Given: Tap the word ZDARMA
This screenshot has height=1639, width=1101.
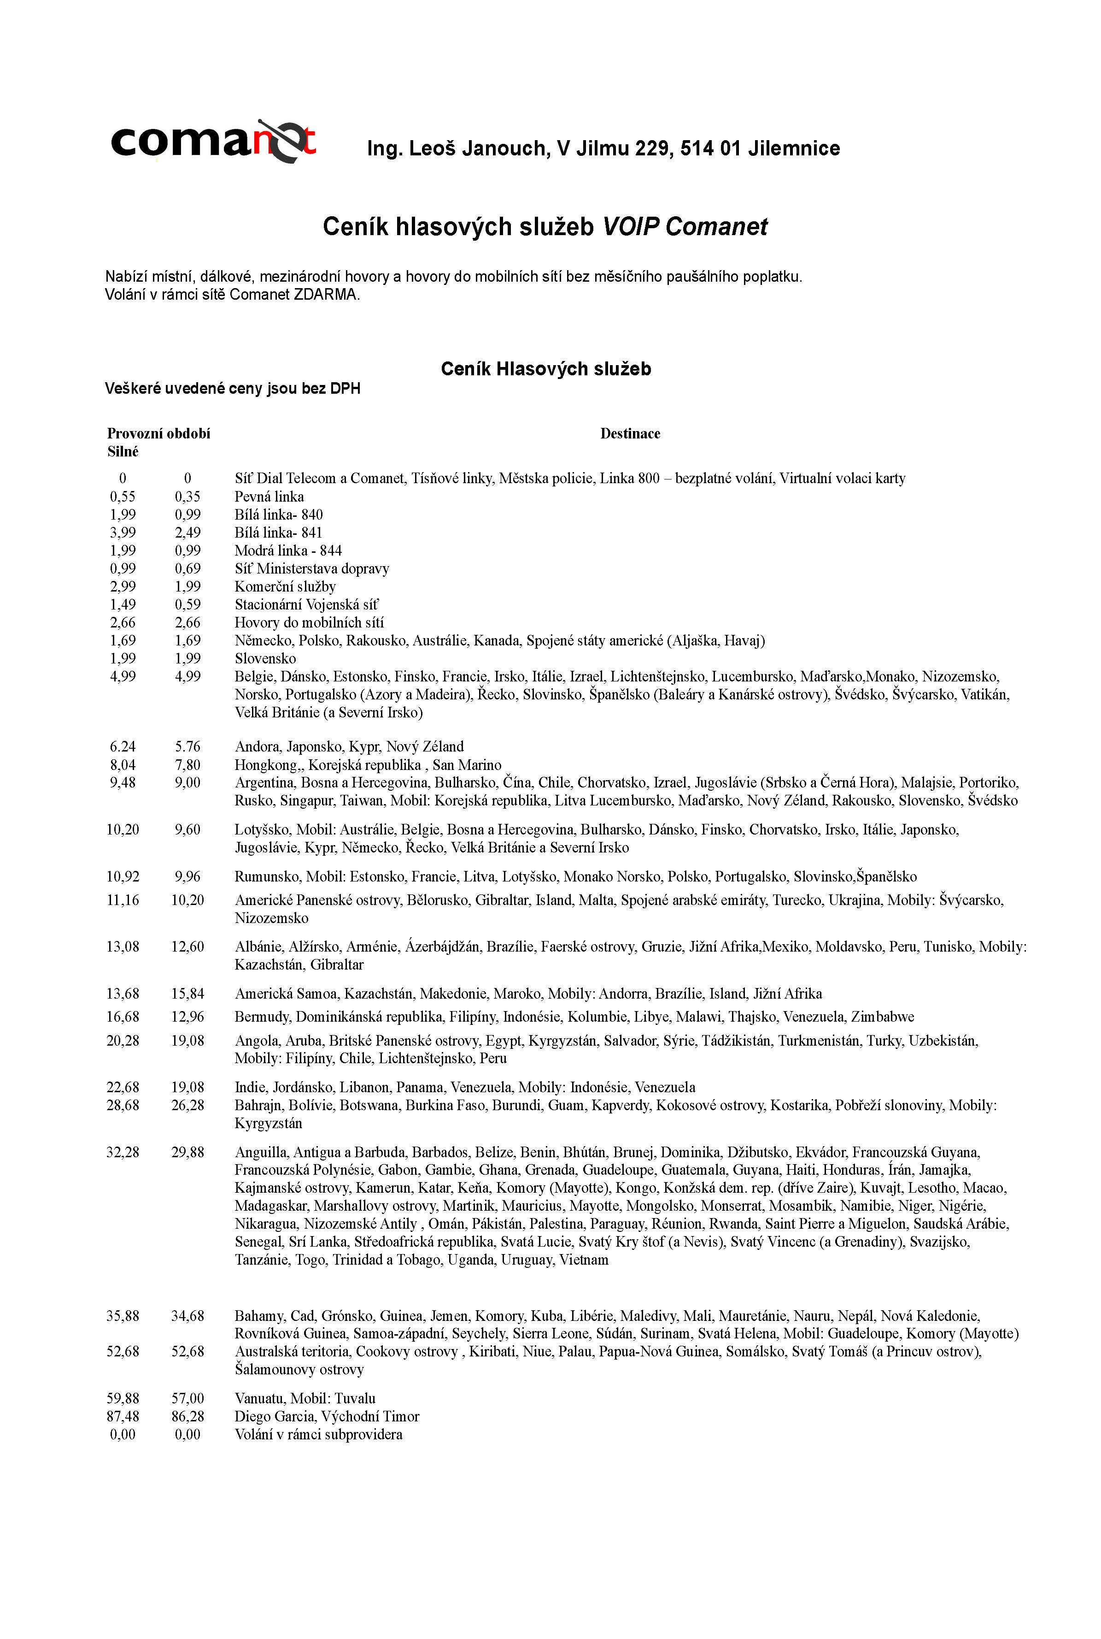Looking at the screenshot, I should [327, 294].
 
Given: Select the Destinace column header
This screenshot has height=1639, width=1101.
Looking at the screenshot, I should [630, 433].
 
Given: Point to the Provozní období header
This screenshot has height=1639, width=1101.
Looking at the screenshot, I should [158, 433].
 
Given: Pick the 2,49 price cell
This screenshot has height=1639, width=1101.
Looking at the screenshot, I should [187, 533].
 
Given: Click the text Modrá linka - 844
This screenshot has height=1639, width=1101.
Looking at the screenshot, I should [288, 551].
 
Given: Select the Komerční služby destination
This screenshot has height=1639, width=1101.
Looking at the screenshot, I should [285, 586].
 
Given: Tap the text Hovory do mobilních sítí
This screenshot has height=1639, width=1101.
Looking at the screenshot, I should [309, 622].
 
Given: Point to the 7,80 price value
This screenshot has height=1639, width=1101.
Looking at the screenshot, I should [187, 764].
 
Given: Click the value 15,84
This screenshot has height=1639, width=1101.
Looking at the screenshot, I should [187, 994].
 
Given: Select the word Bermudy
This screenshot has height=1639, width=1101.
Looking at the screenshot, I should [262, 1017].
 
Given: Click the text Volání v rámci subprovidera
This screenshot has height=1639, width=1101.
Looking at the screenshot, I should [318, 1435].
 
